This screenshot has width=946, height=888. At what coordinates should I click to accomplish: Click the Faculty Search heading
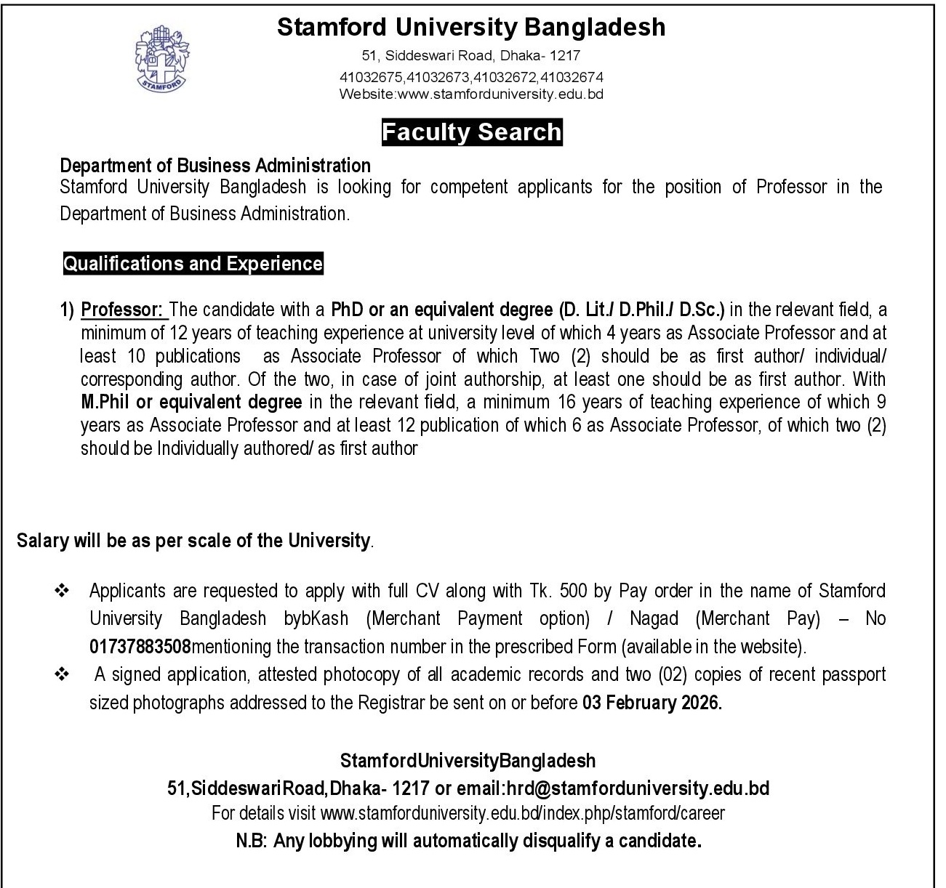pyautogui.click(x=472, y=132)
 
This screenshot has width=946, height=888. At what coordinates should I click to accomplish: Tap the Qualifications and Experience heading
pyautogui.click(x=193, y=263)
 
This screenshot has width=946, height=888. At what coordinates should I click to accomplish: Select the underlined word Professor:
pyautogui.click(x=124, y=310)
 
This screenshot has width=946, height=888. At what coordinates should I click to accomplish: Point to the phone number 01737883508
pyautogui.click(x=140, y=646)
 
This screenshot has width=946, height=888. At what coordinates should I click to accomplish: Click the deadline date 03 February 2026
pyautogui.click(x=652, y=703)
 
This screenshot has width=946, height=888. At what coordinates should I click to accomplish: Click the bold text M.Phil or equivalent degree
pyautogui.click(x=191, y=402)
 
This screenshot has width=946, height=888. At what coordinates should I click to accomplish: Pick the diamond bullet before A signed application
pyautogui.click(x=61, y=675)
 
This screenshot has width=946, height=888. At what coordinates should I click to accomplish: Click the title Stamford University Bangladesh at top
pyautogui.click(x=471, y=28)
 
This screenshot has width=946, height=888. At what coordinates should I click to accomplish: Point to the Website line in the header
pyautogui.click(x=471, y=94)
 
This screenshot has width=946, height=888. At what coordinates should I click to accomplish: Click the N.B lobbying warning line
pyautogui.click(x=468, y=841)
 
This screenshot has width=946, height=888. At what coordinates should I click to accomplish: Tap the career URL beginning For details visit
pyautogui.click(x=468, y=812)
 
